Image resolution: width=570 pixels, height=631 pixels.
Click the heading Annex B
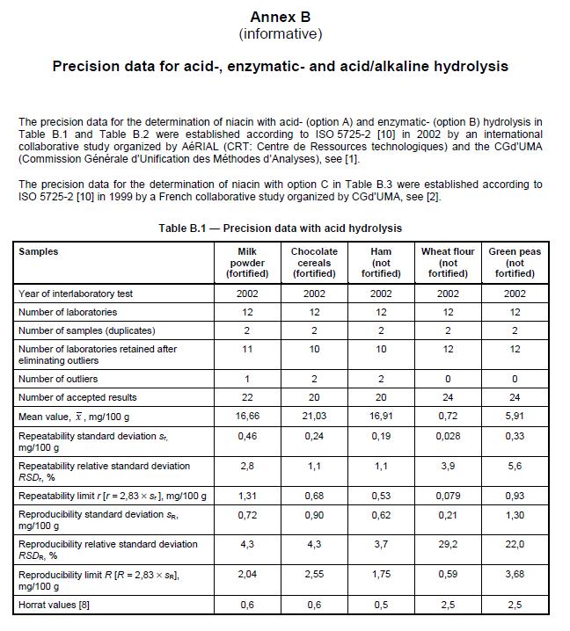pos(280,17)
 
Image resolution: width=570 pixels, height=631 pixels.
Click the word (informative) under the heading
pos(280,34)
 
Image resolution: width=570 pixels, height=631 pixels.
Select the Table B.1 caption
pos(280,228)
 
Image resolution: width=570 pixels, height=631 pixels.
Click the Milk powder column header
pos(247,262)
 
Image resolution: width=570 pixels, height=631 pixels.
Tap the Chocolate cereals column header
pos(314,262)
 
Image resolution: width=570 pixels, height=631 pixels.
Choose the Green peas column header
pos(515,262)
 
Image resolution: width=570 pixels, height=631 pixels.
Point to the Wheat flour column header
pos(448,262)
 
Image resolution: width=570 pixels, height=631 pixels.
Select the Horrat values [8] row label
pos(54,605)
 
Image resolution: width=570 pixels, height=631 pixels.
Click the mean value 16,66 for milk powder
pos(247,416)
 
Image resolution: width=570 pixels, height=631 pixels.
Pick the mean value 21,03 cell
pos(314,416)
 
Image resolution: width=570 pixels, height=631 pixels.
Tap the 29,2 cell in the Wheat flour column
pos(448,544)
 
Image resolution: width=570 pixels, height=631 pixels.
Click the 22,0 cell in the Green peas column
pos(515,544)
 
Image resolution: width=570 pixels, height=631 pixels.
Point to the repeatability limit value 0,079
pos(448,496)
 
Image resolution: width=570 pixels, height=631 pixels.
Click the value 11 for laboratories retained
pos(247,349)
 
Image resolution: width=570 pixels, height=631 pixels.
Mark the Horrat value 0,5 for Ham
pos(381,605)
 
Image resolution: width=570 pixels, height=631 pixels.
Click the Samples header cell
pos(39,251)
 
